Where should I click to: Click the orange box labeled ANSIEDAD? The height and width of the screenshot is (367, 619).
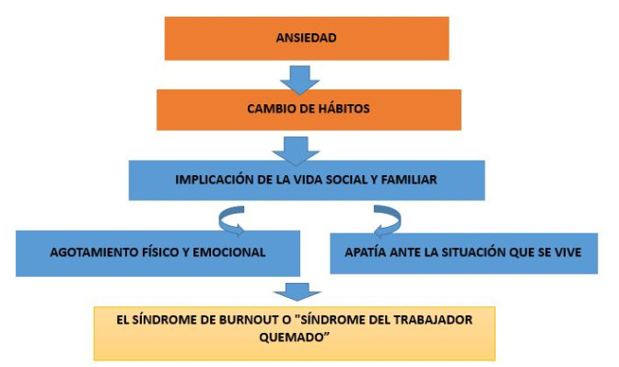click(307, 38)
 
